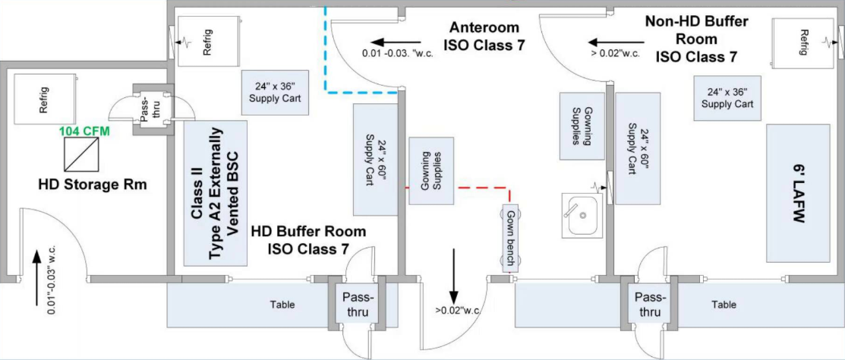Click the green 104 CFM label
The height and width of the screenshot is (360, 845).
[84, 131]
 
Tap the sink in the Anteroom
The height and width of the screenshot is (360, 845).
[579, 215]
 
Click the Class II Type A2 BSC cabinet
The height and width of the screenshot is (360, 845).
[216, 192]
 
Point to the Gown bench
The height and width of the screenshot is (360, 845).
[511, 237]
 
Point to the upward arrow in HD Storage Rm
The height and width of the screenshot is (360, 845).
[36, 265]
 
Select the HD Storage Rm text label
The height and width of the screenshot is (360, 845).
[91, 184]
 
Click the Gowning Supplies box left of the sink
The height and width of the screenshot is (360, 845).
[582, 126]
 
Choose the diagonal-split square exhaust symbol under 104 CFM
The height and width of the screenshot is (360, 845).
[81, 154]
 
